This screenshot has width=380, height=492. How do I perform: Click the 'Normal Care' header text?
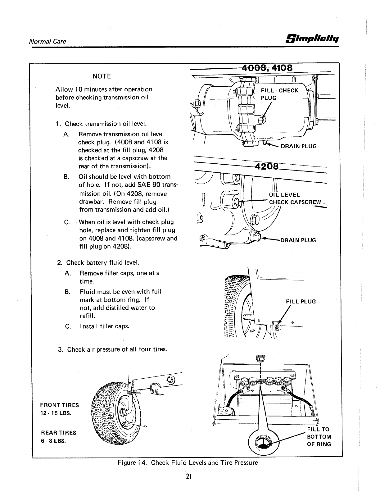47,41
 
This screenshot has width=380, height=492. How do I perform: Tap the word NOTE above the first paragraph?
102,76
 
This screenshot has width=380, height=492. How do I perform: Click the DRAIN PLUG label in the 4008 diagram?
298,146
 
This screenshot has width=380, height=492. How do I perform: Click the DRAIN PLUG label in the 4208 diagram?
298,240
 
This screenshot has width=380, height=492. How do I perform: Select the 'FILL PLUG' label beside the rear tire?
300,302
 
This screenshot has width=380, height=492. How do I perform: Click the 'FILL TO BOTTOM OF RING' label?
319,437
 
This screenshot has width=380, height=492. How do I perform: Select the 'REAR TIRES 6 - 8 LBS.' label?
58,437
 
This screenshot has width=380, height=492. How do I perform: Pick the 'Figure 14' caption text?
188,462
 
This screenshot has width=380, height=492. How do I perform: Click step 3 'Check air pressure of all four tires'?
113,349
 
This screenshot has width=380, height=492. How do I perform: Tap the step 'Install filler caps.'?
104,326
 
